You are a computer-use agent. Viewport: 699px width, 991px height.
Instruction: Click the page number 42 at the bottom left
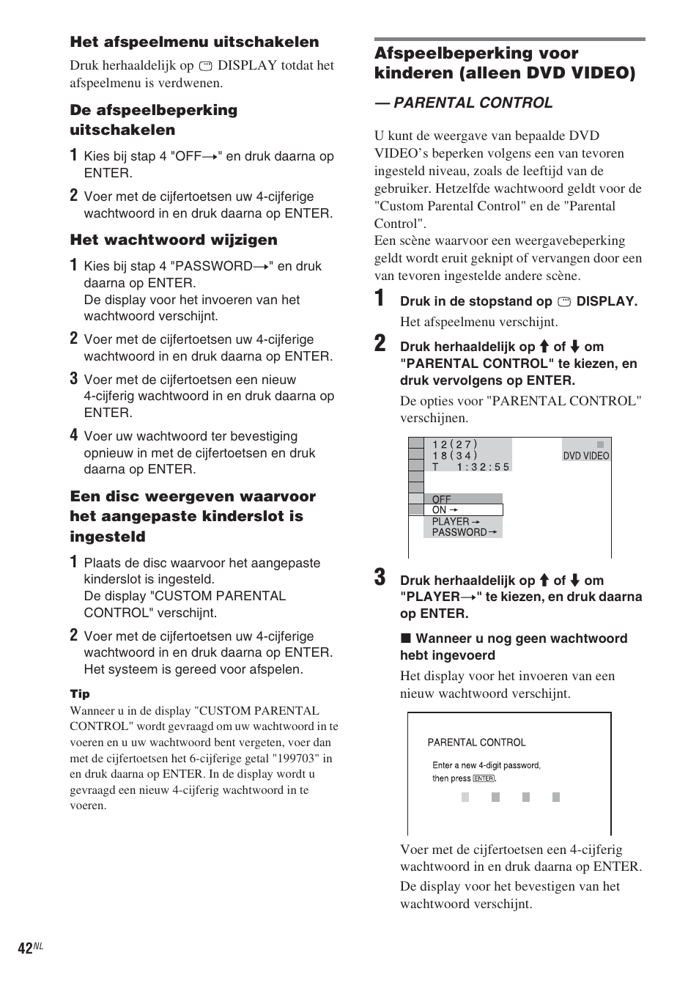(x=26, y=948)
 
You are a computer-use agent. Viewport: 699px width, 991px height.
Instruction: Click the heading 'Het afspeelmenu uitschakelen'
(x=194, y=42)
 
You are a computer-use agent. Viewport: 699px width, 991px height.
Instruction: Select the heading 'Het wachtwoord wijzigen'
(x=174, y=240)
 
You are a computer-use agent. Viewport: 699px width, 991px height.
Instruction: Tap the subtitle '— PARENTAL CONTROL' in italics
(x=463, y=103)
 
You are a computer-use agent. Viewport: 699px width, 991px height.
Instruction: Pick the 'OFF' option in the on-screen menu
(x=442, y=499)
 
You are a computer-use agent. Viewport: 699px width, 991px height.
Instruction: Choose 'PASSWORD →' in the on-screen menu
(x=464, y=532)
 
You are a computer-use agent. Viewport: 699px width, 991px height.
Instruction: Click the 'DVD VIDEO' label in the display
(x=585, y=455)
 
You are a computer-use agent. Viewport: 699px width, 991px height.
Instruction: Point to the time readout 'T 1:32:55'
(x=470, y=467)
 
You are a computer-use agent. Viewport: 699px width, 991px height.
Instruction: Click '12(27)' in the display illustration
(x=454, y=444)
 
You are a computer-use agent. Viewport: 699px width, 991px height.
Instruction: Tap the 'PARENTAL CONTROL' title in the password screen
(x=476, y=742)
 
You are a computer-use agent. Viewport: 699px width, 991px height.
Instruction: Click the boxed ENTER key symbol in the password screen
(x=484, y=778)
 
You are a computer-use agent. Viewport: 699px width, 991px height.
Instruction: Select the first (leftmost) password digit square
(x=465, y=797)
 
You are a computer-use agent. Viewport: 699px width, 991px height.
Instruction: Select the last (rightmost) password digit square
(x=556, y=797)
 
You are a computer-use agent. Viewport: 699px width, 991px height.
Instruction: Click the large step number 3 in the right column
(x=380, y=578)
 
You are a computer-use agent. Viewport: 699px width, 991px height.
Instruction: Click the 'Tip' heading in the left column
(x=80, y=693)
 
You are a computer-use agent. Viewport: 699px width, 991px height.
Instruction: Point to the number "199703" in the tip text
(x=296, y=758)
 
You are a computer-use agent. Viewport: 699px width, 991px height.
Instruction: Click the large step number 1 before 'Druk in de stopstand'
(x=380, y=298)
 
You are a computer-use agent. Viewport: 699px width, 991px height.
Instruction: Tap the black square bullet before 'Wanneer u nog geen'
(x=404, y=638)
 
